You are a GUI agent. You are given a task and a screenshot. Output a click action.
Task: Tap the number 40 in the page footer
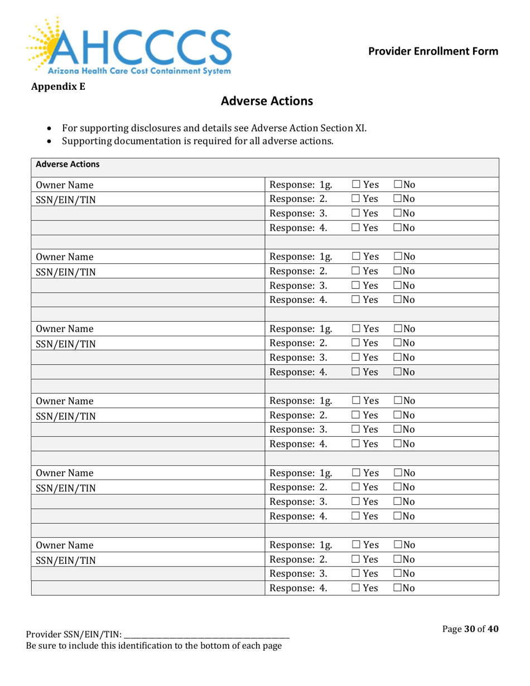[492, 629]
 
